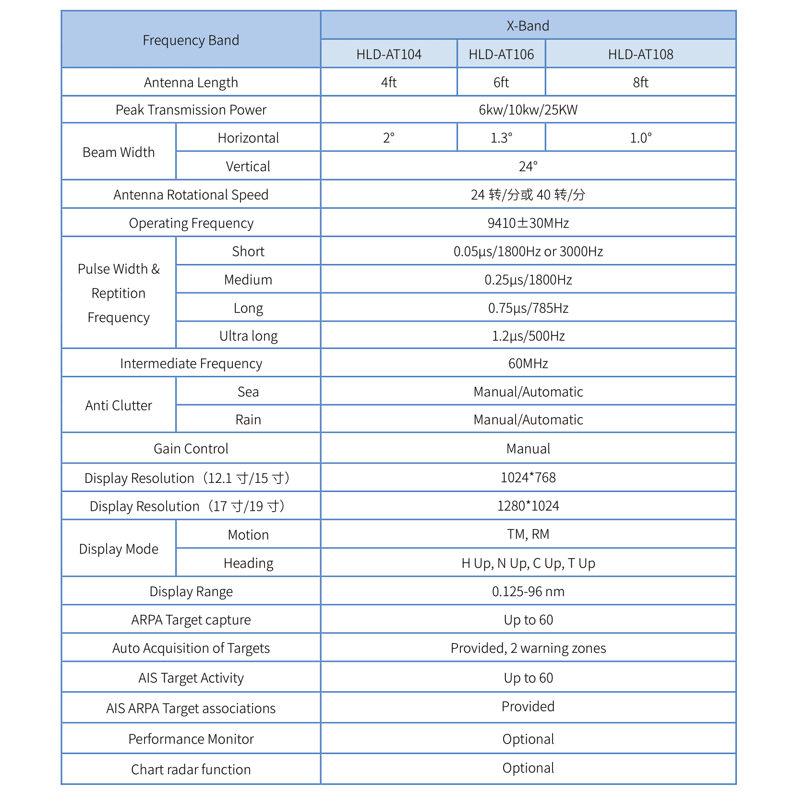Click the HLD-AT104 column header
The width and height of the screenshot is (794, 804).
pyautogui.click(x=389, y=54)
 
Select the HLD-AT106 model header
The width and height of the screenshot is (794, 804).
pyautogui.click(x=501, y=54)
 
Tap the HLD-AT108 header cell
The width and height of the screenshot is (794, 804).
pyautogui.click(x=640, y=54)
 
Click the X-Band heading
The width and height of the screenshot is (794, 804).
pyautogui.click(x=528, y=26)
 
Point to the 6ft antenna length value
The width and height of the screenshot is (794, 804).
pyautogui.click(x=501, y=83)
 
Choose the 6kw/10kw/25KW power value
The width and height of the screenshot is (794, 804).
pyautogui.click(x=528, y=110)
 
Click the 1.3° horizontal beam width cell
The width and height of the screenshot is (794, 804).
pyautogui.click(x=501, y=138)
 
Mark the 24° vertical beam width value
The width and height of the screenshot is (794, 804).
pyautogui.click(x=528, y=167)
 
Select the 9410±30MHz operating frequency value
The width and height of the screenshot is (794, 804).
pyautogui.click(x=528, y=223)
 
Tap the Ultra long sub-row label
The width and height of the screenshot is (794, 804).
pyautogui.click(x=248, y=336)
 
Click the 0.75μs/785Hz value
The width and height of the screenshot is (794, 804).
pyautogui.click(x=528, y=308)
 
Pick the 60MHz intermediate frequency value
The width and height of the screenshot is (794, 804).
pyautogui.click(x=528, y=363)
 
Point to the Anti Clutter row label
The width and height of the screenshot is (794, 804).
pyautogui.click(x=119, y=406)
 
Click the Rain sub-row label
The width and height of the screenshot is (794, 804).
pyautogui.click(x=248, y=420)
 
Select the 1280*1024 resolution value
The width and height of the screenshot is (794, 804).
pyautogui.click(x=528, y=506)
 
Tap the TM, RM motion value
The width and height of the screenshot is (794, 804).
pyautogui.click(x=528, y=534)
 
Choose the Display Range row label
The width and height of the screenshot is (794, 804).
pyautogui.click(x=191, y=591)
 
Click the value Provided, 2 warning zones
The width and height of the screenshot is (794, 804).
pyautogui.click(x=528, y=648)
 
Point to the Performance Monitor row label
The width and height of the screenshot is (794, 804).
pyautogui.click(x=191, y=739)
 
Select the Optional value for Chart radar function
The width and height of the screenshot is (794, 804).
pyautogui.click(x=528, y=768)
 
